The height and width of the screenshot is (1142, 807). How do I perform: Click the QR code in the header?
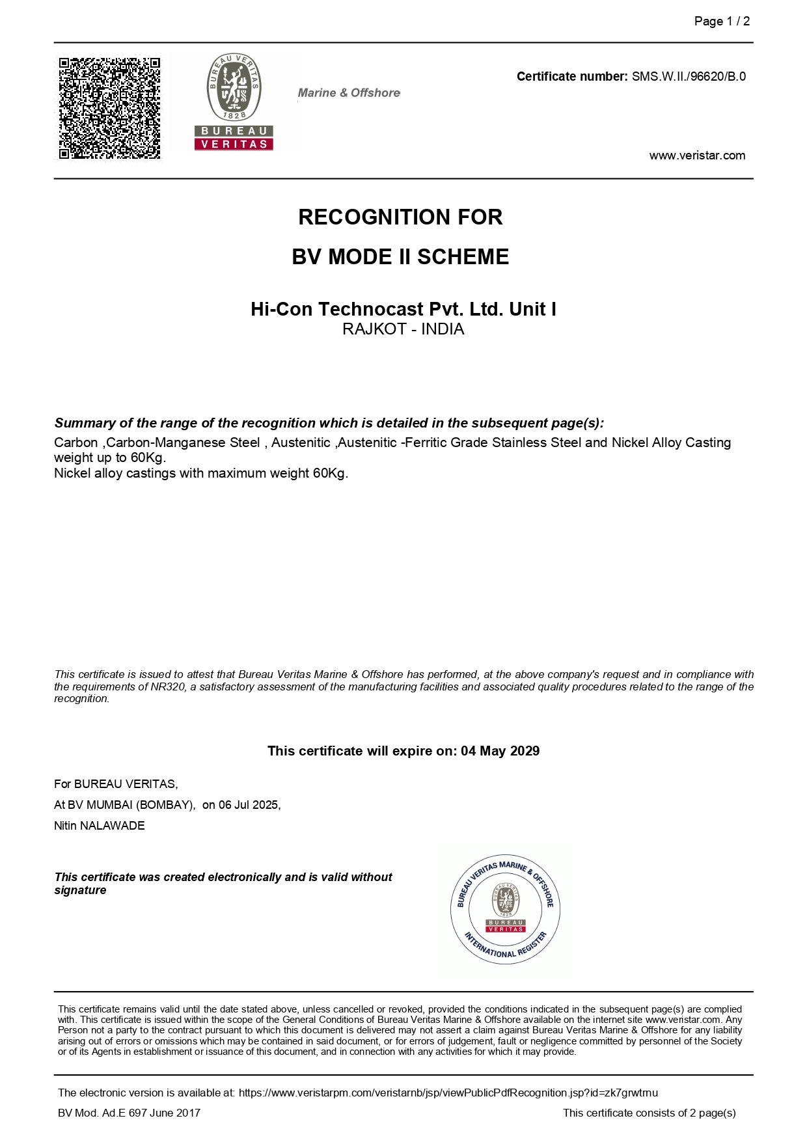click(x=109, y=108)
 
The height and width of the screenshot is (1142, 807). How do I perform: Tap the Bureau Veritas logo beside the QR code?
click(x=234, y=103)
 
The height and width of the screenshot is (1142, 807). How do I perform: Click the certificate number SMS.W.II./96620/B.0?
click(x=689, y=77)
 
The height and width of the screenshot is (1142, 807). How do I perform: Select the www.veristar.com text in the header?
click(x=697, y=156)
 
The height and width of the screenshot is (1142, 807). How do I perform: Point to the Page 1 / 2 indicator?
click(x=722, y=21)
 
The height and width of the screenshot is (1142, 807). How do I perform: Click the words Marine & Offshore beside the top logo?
click(x=349, y=93)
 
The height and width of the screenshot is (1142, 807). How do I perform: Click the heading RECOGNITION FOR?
click(x=400, y=217)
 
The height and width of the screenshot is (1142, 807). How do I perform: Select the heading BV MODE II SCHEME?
click(x=400, y=257)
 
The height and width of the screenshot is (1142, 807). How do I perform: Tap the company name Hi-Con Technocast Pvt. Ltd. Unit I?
click(x=403, y=309)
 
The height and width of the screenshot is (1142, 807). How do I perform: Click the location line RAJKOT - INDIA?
click(x=403, y=329)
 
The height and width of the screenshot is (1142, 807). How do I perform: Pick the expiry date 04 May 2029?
click(x=500, y=751)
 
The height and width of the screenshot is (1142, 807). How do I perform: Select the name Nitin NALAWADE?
click(x=100, y=826)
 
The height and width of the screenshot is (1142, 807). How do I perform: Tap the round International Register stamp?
click(x=505, y=909)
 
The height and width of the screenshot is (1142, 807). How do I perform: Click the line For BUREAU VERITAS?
click(x=116, y=784)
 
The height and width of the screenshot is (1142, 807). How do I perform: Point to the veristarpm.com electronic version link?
click(x=448, y=1093)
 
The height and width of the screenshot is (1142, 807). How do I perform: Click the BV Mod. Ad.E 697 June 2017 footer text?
click(x=129, y=1113)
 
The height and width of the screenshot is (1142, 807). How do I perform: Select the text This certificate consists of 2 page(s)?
click(x=649, y=1113)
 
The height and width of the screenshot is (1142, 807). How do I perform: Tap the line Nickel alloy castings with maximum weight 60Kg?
click(x=201, y=473)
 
